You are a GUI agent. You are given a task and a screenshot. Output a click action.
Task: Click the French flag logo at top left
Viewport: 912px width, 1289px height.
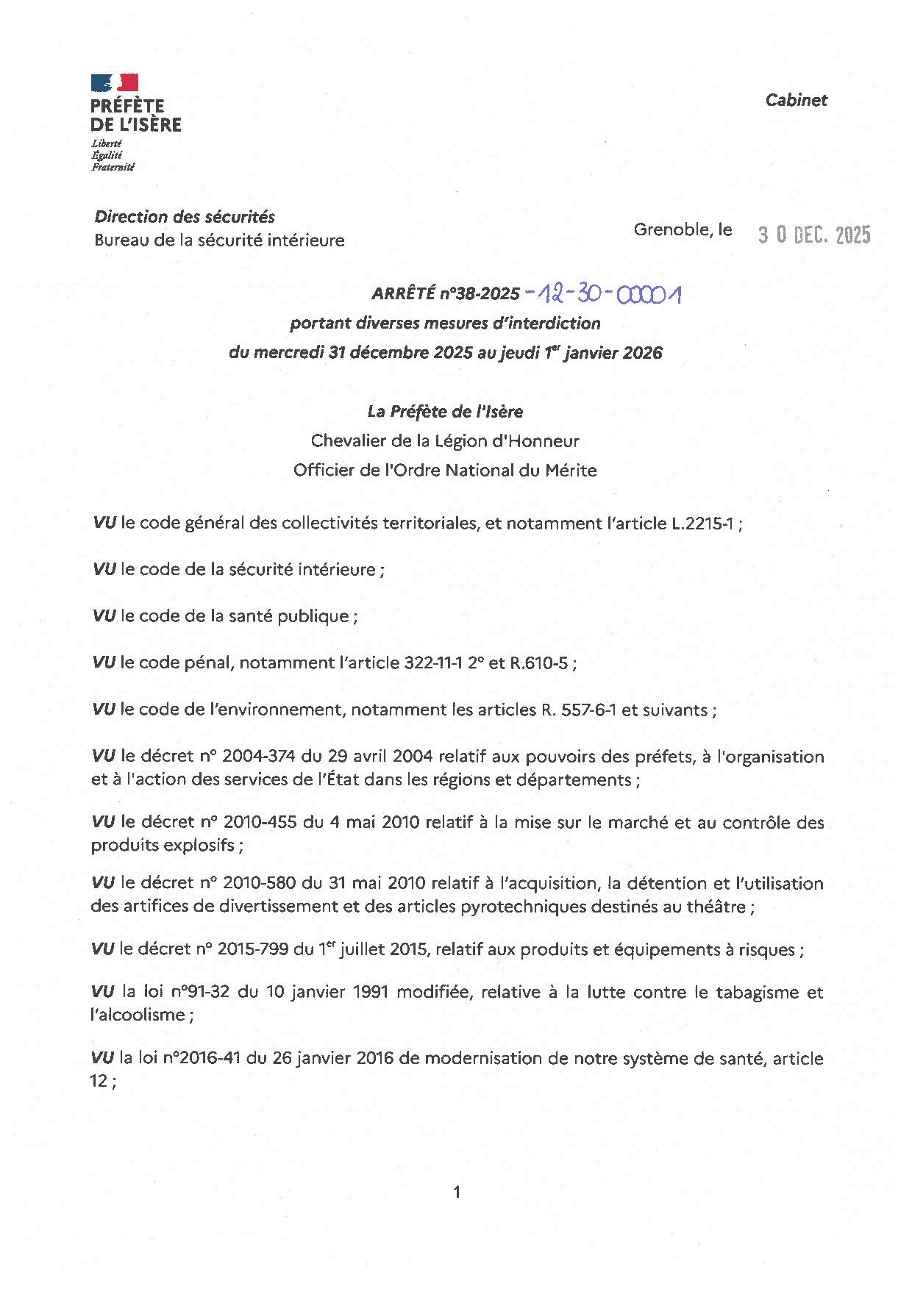click(114, 82)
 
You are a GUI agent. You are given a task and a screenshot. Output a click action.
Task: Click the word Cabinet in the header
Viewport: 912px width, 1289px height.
click(796, 100)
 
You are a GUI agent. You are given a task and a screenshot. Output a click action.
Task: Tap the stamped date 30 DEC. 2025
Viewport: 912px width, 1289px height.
click(814, 235)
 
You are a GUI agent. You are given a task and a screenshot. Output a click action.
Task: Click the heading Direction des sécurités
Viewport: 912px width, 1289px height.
click(185, 217)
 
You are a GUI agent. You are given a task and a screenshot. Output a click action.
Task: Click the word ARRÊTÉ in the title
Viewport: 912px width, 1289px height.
click(403, 294)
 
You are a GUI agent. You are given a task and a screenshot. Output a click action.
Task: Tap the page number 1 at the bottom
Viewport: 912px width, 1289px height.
click(457, 1192)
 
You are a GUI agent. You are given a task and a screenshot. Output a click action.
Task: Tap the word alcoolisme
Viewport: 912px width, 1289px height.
click(138, 1015)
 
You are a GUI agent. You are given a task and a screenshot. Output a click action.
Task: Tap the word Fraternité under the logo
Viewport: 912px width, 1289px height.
click(113, 167)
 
